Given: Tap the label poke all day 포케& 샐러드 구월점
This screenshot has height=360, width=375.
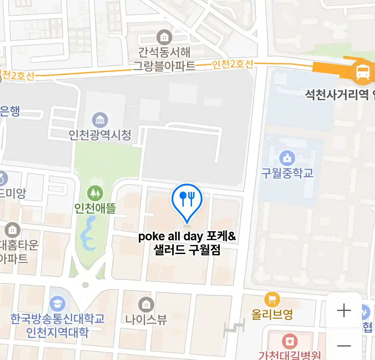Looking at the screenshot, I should [187, 243].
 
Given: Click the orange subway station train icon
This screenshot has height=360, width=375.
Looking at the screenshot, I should [362, 72].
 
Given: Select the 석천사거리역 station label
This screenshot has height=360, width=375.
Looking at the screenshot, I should [337, 95].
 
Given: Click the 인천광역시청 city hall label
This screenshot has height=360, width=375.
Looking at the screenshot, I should [100, 135].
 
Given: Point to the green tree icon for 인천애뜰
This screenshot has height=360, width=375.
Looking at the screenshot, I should [95, 193].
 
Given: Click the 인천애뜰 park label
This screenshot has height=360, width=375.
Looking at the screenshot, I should [95, 208].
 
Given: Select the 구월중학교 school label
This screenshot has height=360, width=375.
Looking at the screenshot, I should [287, 173].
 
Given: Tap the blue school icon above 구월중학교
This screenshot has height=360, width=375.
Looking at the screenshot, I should [287, 158].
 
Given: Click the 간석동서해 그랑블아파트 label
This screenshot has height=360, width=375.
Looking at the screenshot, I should [164, 59].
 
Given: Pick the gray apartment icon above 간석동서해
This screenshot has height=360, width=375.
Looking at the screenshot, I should [164, 37].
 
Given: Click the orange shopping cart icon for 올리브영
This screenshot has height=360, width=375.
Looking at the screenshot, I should [272, 299].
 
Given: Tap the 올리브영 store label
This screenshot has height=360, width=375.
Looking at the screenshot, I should [272, 314].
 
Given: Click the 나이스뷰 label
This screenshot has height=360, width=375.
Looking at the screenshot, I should [146, 319].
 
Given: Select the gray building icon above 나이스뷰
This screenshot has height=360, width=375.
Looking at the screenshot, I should [146, 304].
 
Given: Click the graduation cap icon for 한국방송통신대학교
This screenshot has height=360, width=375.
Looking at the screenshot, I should [57, 304].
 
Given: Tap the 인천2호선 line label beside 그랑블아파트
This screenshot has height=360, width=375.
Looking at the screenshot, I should [233, 64].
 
